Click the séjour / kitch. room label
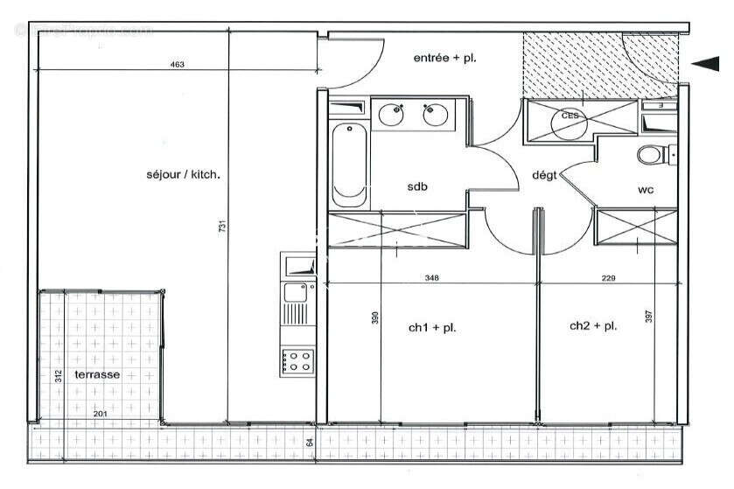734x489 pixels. click(x=184, y=174)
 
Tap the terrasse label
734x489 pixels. click(x=97, y=374)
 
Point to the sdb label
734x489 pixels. click(x=417, y=187)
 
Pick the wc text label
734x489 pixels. click(x=646, y=188)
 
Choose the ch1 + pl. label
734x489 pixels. click(x=432, y=328)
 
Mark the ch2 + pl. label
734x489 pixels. click(x=593, y=325)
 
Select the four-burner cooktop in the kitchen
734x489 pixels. click(x=297, y=360)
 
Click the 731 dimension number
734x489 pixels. click(x=223, y=226)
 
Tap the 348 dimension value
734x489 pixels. click(x=431, y=278)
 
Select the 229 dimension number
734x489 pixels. click(x=609, y=278)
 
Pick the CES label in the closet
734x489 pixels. click(x=570, y=115)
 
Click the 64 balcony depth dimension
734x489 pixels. click(x=310, y=443)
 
